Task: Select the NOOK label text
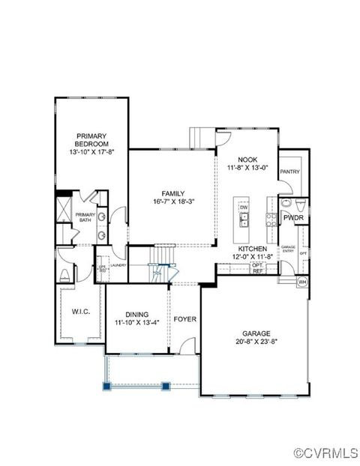247,160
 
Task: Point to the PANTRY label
289,172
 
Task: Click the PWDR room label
292,217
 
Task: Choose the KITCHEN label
254,249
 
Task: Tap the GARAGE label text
256,333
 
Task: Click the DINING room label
136,314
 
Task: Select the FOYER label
185,319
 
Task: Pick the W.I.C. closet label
80,311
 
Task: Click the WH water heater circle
303,282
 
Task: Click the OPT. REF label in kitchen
257,268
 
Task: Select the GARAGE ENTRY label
288,249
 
